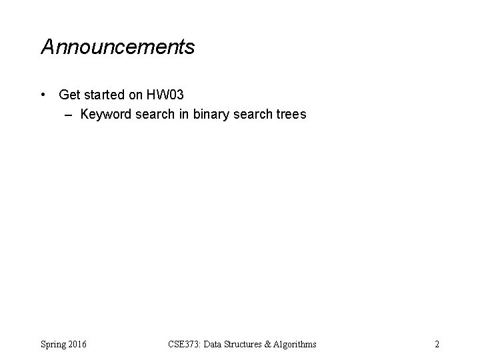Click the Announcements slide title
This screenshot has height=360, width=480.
tap(118, 47)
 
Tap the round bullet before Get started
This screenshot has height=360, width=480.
tap(43, 96)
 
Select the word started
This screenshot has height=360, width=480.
tap(104, 96)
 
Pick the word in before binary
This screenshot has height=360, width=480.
tap(185, 115)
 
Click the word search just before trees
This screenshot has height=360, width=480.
tap(251, 115)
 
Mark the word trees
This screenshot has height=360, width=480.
tap(290, 115)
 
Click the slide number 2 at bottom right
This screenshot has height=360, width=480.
tap(437, 344)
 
